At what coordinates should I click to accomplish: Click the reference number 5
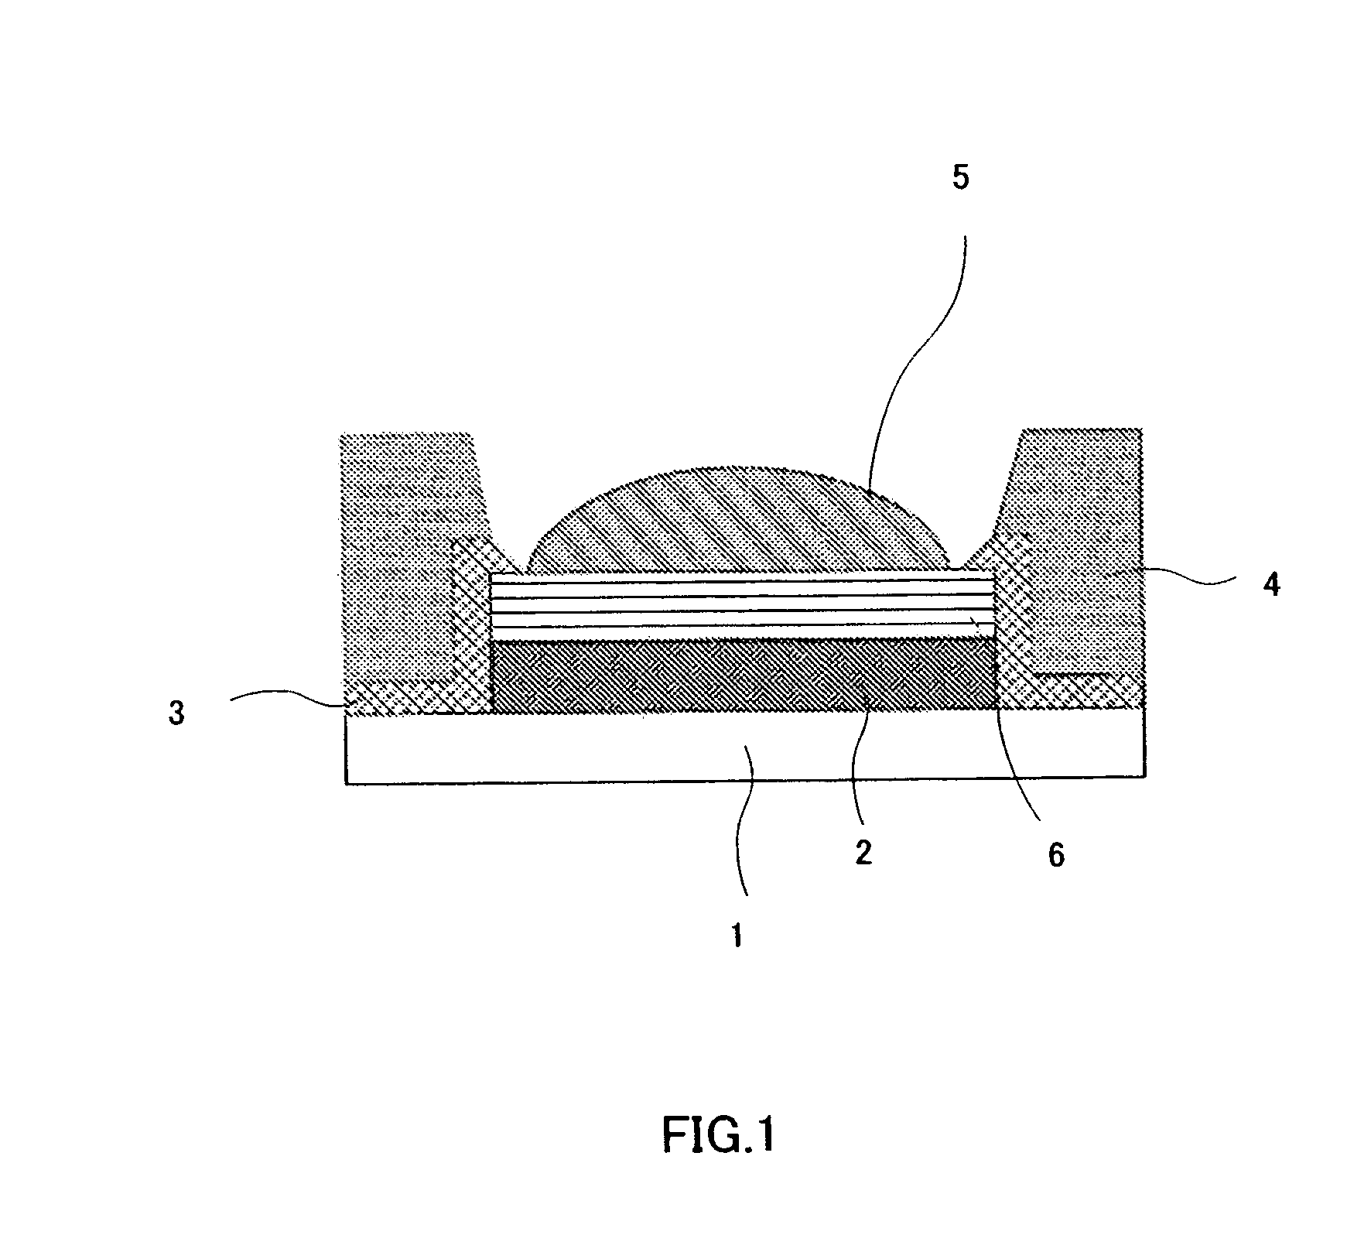point(959,177)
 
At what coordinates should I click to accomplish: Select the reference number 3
point(177,713)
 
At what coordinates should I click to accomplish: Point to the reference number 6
point(1056,854)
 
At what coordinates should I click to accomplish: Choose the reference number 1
point(737,936)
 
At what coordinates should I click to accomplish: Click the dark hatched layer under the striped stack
point(743,675)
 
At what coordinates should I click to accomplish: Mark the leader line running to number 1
point(741,836)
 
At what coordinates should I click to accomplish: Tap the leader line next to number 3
point(286,696)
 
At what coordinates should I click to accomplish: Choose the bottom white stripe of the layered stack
point(743,631)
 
